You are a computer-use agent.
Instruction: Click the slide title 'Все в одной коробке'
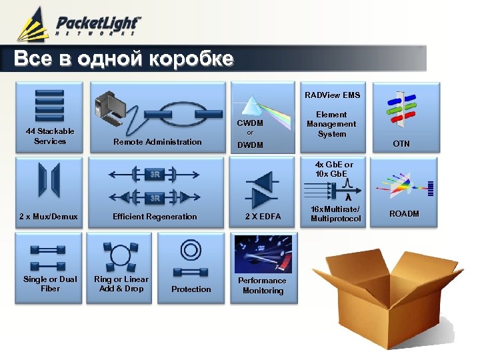tap(124, 59)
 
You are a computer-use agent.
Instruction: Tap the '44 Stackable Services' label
tap(50, 136)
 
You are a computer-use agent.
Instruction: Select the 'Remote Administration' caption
tap(157, 141)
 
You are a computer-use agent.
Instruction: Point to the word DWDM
tap(251, 145)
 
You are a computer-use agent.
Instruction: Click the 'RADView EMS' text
tap(332, 95)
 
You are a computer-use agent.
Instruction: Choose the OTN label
tap(401, 143)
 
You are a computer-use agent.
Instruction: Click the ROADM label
tap(404, 214)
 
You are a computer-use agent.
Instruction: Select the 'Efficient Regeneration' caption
tap(155, 216)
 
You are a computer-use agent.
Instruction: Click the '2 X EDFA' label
tap(263, 216)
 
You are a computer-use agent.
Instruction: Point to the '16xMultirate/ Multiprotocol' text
tap(335, 214)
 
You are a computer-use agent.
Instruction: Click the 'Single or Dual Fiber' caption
tap(50, 284)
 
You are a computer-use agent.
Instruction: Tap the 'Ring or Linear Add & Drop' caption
tap(121, 284)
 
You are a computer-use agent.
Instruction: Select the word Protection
tap(191, 289)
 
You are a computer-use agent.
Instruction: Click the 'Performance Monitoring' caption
tap(263, 285)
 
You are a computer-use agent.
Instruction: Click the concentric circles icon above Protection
tap(191, 251)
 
